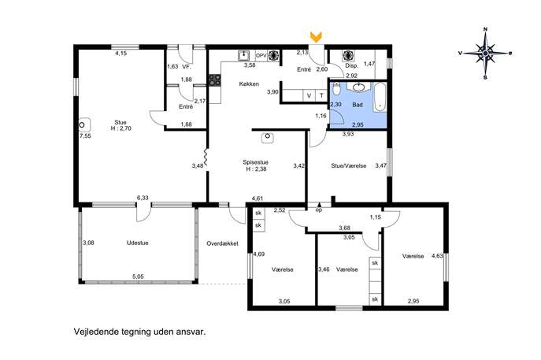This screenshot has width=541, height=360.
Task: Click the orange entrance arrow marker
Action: pos(316,37)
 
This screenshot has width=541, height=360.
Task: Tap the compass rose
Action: pos(485,53)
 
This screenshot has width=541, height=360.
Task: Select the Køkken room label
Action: pos(249,84)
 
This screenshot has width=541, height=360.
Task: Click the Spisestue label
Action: pos(255,162)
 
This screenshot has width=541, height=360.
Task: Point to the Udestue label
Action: pos(137,243)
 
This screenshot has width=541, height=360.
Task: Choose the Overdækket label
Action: pos(222,243)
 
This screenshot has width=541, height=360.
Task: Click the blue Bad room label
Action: pos(358,105)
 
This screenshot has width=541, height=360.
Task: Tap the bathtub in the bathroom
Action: pos(380,97)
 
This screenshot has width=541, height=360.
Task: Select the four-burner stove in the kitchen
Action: pos(214,80)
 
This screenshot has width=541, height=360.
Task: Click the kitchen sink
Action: pos(244,56)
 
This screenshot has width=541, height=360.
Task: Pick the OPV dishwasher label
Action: pos(261,55)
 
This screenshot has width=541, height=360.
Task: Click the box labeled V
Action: pos(309,95)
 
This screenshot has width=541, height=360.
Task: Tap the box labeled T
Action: pos(321,95)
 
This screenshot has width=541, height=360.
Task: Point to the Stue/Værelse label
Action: pos(349,165)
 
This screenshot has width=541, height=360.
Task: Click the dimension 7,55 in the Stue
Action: pos(85,136)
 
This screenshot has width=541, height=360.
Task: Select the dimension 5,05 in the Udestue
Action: pos(138,276)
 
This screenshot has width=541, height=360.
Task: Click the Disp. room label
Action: pos(351,65)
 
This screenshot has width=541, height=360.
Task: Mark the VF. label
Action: pos(187,67)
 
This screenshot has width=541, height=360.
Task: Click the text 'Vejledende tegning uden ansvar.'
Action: pos(139,332)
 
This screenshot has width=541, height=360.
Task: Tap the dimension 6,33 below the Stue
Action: pos(143,198)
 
